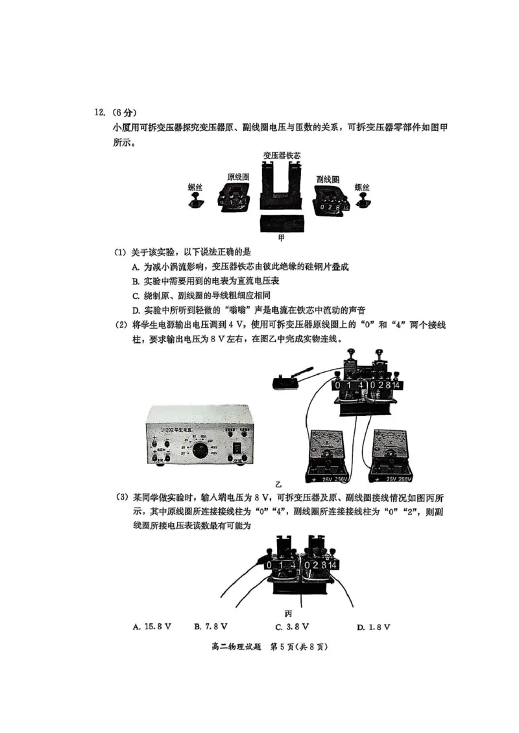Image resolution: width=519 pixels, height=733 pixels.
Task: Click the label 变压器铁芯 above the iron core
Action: pos(281,156)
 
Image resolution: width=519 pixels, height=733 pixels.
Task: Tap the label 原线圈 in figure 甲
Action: pos(238,177)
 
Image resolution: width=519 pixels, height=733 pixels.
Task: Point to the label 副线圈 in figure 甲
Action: pos(328,178)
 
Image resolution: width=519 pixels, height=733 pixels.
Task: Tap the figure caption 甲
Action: pos(281,238)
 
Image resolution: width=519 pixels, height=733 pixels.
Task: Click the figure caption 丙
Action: pos(289,612)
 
